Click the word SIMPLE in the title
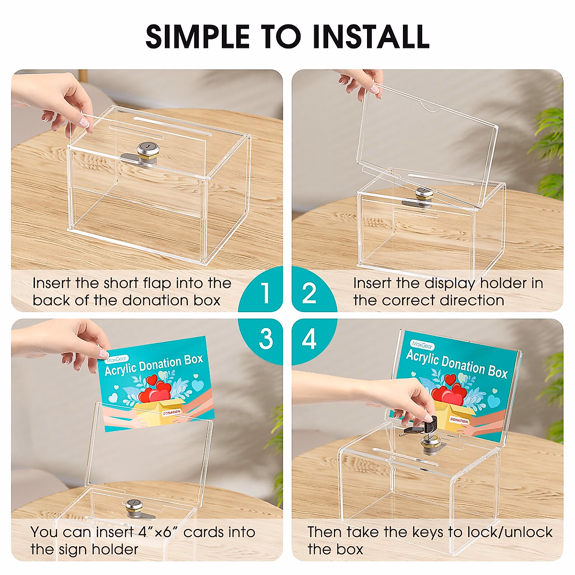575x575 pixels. pyautogui.click(x=197, y=36)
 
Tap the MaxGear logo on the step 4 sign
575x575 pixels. pyautogui.click(x=422, y=345)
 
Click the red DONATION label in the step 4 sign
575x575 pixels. pyautogui.click(x=459, y=420)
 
